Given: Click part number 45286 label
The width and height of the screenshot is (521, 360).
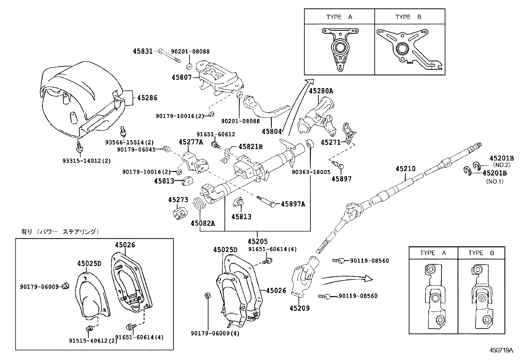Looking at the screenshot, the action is [147, 98].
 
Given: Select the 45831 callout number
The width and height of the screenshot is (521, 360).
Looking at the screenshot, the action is [143, 51].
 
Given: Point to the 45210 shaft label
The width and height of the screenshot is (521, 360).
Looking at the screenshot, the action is [405, 169].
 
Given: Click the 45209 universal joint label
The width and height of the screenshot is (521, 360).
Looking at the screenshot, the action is [299, 308].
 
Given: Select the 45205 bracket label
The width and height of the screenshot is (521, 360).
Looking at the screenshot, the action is [258, 241].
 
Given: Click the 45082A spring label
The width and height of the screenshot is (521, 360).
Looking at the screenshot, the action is [203, 223].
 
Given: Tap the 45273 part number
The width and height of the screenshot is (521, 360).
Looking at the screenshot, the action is [178, 199].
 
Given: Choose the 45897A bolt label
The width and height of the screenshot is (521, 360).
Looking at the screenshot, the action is [293, 204].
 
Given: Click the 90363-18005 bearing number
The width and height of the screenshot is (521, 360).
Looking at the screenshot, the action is [311, 172].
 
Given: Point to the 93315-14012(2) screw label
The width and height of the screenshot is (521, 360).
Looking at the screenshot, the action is [87, 161].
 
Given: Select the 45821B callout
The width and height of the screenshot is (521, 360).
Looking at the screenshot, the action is [250, 147].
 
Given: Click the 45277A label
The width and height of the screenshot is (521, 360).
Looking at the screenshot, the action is [191, 142].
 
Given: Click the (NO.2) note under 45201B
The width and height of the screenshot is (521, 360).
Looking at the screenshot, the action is [501, 165].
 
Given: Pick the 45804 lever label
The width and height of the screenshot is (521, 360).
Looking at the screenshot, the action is [272, 131].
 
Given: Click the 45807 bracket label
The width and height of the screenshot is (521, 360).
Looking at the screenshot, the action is [181, 77].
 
